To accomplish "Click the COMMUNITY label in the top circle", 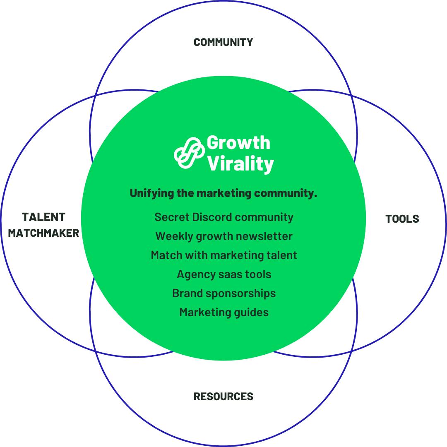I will [223, 42].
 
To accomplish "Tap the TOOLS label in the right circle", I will [402, 219].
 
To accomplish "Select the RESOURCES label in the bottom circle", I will [223, 397].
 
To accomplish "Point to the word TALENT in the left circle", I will [43, 217].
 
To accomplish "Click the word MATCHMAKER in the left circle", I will [43, 233].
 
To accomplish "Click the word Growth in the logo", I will [238, 142].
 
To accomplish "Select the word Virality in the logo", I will [240, 163].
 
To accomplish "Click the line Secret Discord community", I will [223, 217].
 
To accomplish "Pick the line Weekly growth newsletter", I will [223, 236].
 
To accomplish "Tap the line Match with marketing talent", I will [223, 255].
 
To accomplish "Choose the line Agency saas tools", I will [223, 274].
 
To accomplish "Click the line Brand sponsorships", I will [223, 293].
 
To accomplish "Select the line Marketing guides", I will [223, 312].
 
